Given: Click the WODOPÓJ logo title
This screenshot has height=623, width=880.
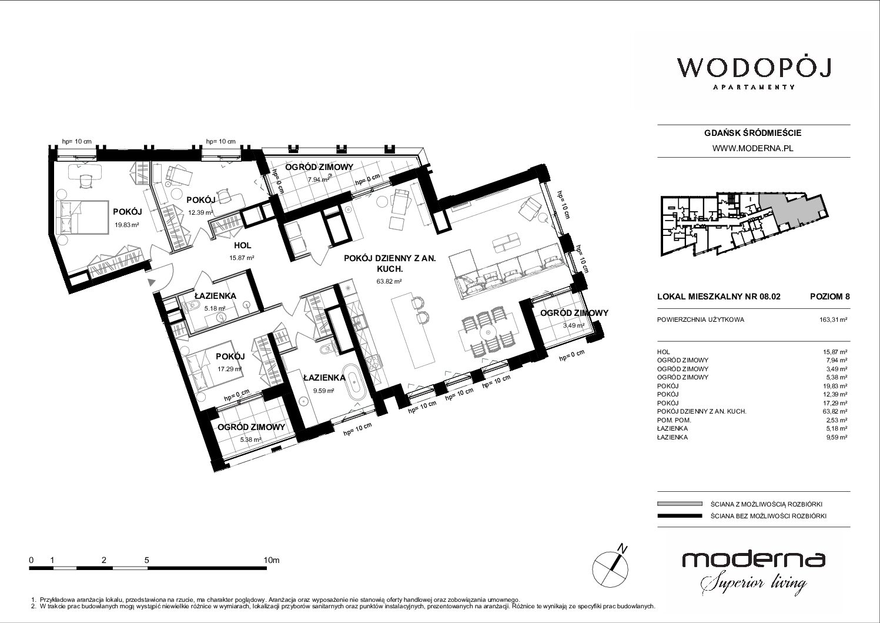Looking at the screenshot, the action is click(754, 68).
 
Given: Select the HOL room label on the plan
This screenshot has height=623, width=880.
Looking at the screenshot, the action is click(242, 245).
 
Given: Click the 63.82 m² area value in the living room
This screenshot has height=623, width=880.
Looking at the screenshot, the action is click(389, 281).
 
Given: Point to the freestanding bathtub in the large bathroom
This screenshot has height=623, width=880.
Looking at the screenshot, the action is click(354, 383).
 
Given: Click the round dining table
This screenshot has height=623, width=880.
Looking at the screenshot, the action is click(487, 333).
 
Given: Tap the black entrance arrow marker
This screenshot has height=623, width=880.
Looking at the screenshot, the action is click(152, 282).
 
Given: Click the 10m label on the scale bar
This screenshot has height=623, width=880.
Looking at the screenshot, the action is click(272, 559).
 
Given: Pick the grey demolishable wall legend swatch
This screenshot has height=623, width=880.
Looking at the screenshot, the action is click(680, 504).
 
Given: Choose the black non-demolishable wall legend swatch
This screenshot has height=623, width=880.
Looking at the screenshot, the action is click(680, 516).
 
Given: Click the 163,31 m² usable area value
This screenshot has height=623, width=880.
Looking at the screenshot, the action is click(833, 319).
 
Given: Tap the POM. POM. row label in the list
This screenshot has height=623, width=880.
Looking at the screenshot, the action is click(674, 420).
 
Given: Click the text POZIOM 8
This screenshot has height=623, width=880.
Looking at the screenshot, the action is click(829, 296).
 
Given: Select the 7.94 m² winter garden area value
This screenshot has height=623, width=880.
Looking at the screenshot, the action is click(319, 179).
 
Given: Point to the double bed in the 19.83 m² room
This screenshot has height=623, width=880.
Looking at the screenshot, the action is click(82, 217).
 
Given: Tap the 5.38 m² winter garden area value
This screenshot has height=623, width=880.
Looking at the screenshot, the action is click(250, 440).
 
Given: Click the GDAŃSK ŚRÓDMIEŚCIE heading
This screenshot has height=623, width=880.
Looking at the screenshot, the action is click(752, 133).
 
